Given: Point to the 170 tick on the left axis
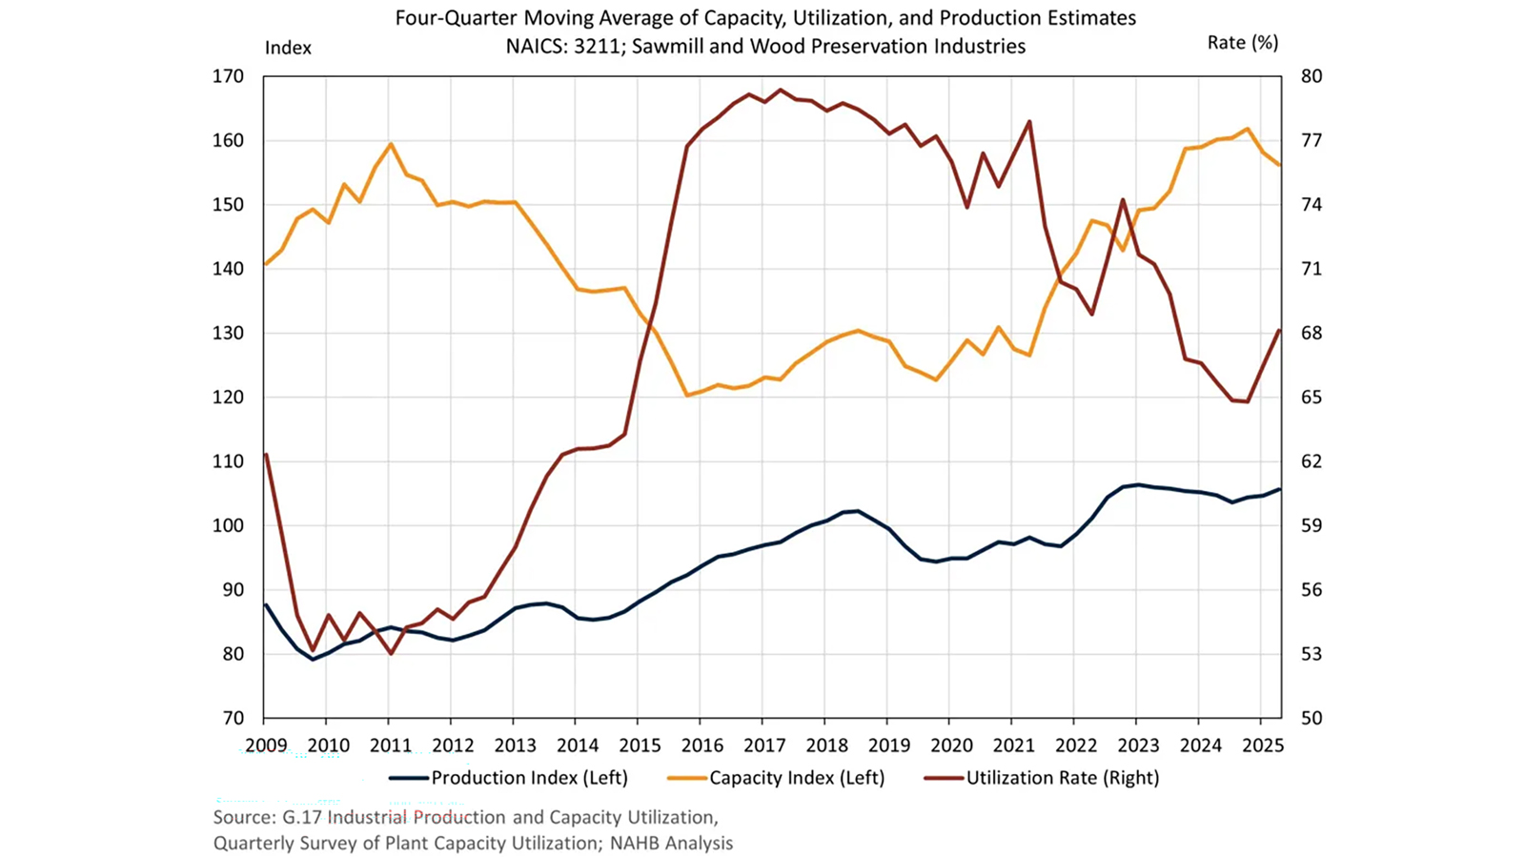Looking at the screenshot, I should click(228, 76).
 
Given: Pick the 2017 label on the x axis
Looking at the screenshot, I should click(764, 746).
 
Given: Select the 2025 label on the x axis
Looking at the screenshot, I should click(1263, 746).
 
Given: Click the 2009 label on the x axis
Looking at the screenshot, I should click(265, 746).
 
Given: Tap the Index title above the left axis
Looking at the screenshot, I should click(288, 48).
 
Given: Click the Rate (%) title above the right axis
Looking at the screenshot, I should click(1243, 43).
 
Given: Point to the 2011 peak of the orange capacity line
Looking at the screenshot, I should click(391, 144).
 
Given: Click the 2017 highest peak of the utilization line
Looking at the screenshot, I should click(781, 90).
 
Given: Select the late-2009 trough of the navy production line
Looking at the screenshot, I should click(312, 660).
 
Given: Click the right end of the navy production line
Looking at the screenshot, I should click(1279, 489).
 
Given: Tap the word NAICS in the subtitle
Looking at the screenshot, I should click(536, 46).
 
